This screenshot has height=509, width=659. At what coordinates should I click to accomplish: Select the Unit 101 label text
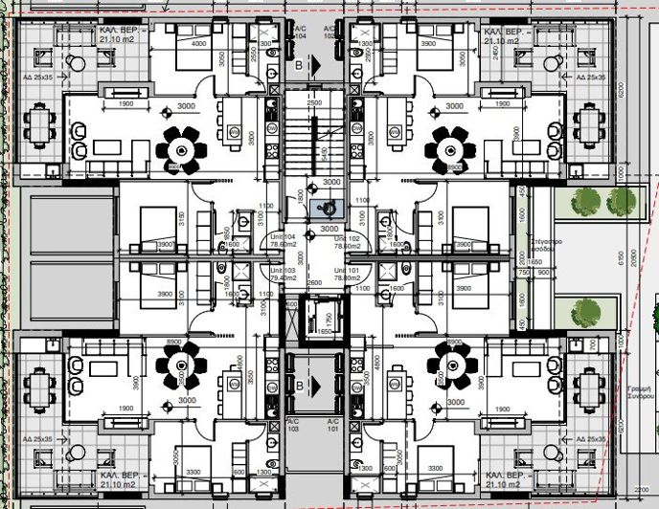click(x=347, y=275)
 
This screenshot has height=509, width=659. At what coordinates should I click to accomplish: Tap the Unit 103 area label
click(x=281, y=275)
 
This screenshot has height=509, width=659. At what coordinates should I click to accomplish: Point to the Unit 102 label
click(x=347, y=243)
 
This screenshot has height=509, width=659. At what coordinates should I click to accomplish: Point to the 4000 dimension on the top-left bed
click(x=199, y=44)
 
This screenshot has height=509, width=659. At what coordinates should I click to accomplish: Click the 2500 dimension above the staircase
click(x=314, y=102)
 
